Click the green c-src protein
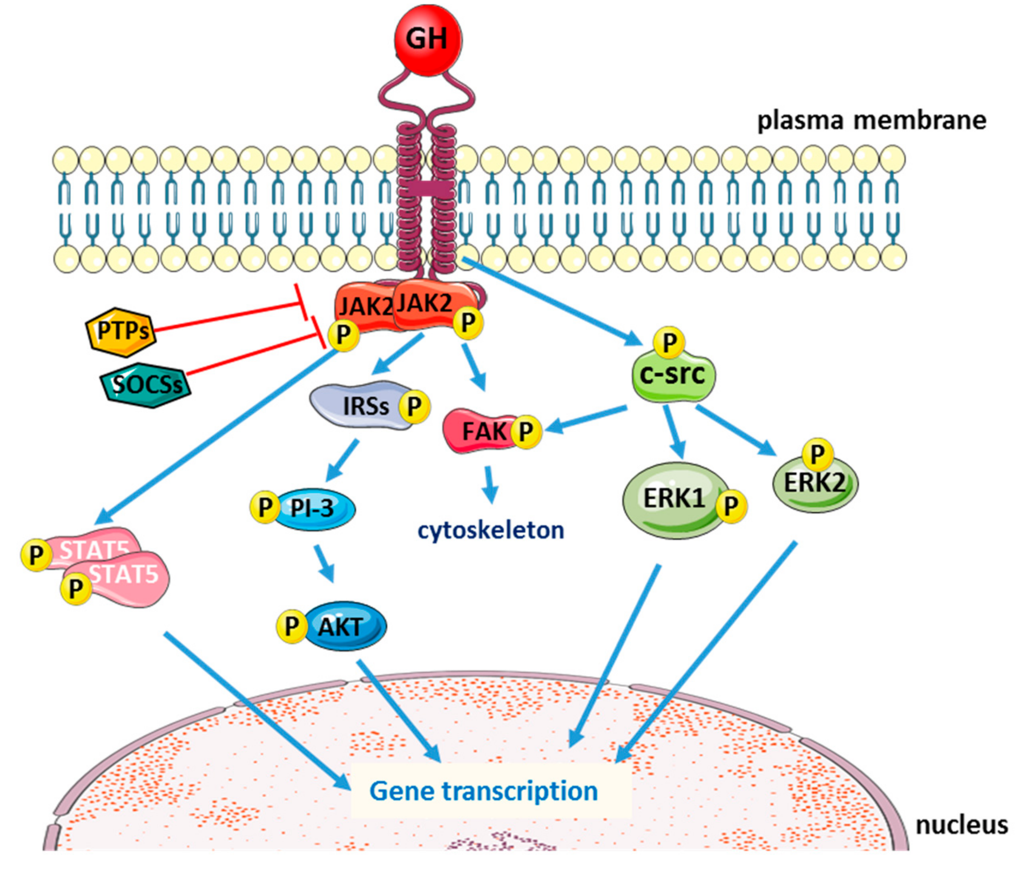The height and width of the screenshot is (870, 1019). [x=673, y=377]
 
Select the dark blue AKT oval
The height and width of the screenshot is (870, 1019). [x=344, y=626]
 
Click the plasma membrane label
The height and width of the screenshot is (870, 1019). [x=871, y=120]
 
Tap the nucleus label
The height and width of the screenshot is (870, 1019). [x=962, y=825]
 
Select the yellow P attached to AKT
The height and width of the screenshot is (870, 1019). [x=292, y=626]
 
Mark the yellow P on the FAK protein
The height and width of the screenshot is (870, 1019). [x=526, y=432]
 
